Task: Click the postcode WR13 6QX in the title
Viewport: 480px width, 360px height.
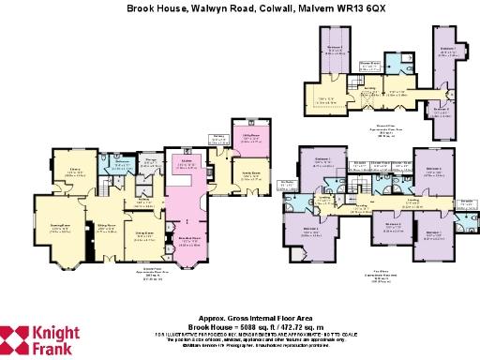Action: [x=332, y=7]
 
